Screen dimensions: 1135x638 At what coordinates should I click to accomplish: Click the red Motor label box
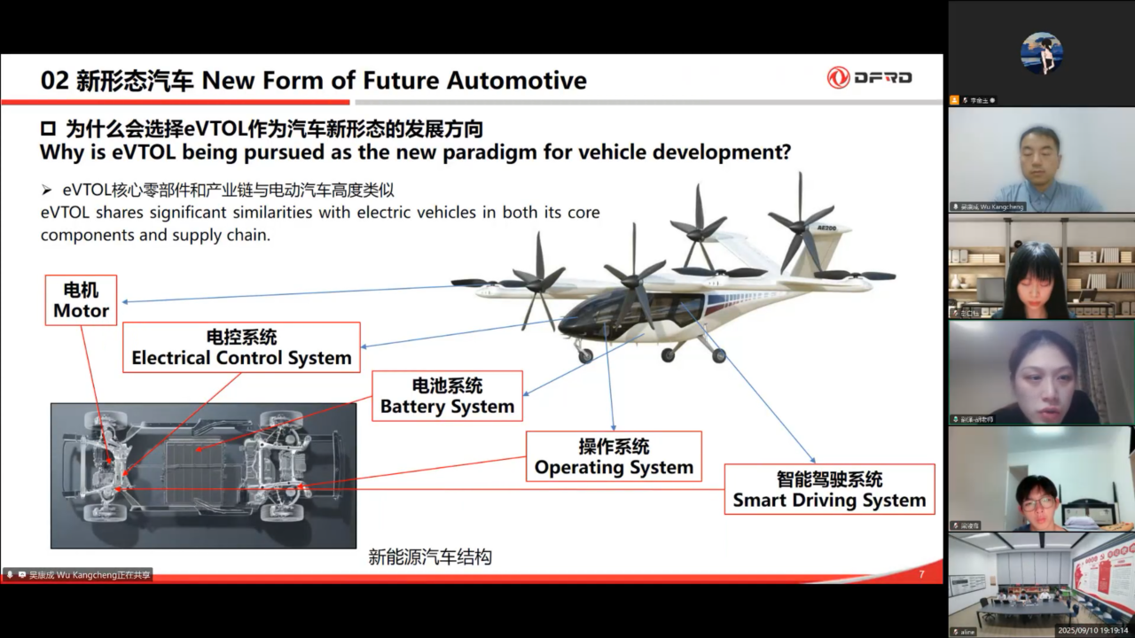pos(81,300)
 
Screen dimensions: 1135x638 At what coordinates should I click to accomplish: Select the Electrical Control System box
pos(241,347)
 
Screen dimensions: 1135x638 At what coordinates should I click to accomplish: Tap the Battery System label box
pos(447,396)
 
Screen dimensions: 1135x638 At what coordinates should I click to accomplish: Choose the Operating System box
pos(614,457)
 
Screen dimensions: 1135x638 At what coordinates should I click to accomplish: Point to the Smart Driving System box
pos(829,490)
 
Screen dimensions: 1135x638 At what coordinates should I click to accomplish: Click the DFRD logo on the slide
pos(870,78)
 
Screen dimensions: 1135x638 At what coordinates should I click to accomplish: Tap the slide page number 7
pos(921,575)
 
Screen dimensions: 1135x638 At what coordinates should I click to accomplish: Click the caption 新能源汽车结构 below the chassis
pos(430,557)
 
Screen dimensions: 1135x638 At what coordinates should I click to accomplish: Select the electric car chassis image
pos(203,475)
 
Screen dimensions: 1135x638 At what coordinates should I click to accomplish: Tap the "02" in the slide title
pos(55,81)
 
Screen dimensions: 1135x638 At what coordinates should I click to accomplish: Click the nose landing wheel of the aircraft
pos(585,355)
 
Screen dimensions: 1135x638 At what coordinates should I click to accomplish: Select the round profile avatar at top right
pos(1041,53)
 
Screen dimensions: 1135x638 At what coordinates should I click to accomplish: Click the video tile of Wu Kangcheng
pos(1041,159)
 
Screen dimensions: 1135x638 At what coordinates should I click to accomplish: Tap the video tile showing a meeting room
pos(1041,585)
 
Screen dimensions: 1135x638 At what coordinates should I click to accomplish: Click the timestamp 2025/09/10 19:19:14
pos(1092,631)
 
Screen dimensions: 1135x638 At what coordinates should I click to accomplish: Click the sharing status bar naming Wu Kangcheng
pos(78,575)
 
